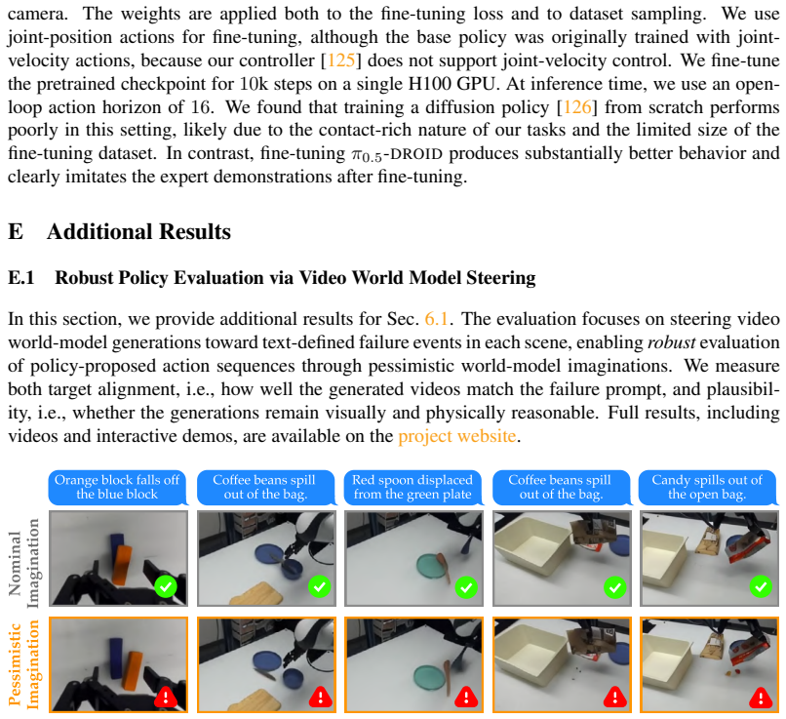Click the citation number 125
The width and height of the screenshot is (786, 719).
click(341, 60)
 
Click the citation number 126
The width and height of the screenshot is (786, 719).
click(577, 107)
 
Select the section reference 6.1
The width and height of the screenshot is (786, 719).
click(436, 319)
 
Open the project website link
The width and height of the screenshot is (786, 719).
click(456, 436)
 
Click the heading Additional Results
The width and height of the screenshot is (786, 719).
click(138, 231)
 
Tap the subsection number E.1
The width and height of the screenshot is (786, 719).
click(21, 278)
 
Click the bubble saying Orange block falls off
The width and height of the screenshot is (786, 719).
click(117, 488)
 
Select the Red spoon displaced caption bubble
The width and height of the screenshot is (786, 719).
click(413, 488)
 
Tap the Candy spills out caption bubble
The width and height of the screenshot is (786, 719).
click(707, 488)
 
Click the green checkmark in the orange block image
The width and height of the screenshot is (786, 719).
click(166, 586)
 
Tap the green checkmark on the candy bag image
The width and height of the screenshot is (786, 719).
click(761, 586)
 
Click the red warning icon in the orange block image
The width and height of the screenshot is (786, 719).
click(166, 697)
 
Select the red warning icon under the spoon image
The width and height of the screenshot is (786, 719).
click(467, 697)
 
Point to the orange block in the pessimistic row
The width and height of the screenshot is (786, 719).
click(133, 670)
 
